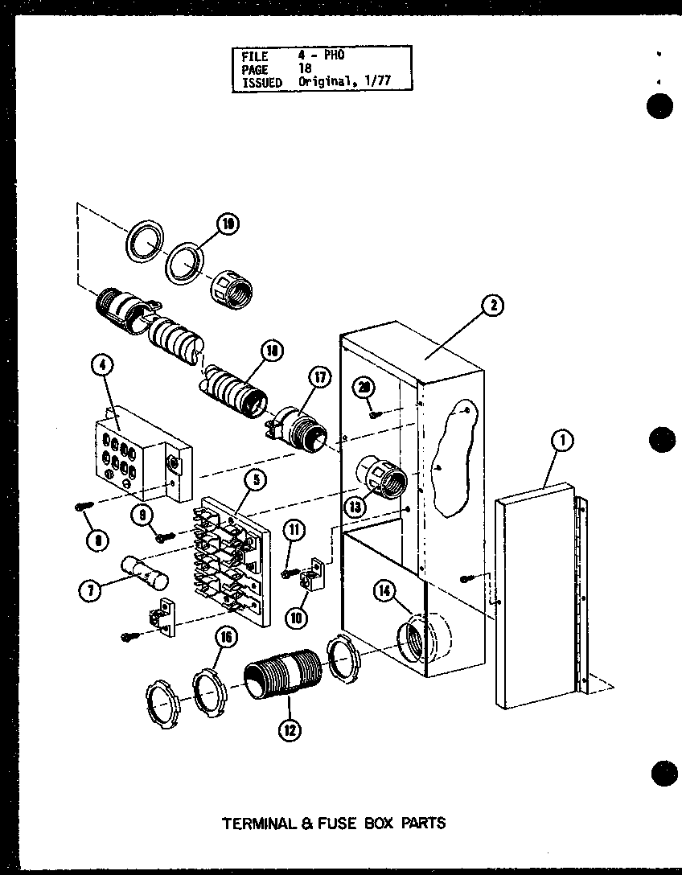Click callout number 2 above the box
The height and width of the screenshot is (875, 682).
tap(493, 305)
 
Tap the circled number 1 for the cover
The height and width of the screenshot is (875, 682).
tap(563, 440)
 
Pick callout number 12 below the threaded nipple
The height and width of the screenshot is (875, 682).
tap(290, 730)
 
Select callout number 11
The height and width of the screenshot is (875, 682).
tap(295, 529)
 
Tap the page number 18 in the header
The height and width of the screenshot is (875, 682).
tap(307, 70)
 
